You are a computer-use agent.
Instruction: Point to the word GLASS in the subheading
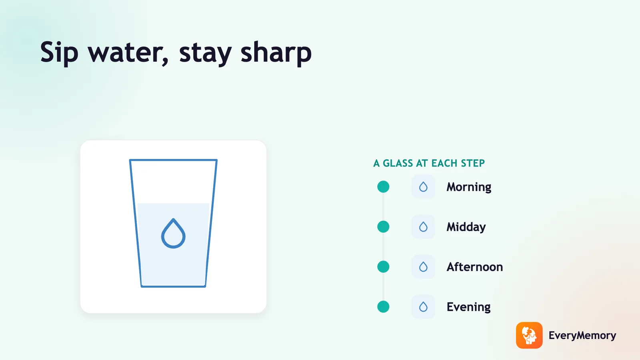398,163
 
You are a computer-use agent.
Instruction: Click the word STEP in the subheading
473,163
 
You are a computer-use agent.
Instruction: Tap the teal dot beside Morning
383,187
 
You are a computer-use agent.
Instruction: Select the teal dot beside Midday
383,227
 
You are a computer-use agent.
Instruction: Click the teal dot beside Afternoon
383,267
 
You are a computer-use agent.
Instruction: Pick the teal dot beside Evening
383,307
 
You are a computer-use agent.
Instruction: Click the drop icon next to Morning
423,187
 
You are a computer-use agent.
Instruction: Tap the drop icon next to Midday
423,227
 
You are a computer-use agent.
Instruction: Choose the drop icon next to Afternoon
423,267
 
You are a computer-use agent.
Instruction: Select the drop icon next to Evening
423,307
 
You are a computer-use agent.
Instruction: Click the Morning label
469,187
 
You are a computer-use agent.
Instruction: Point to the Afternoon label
474,267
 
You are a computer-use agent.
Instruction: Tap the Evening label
468,307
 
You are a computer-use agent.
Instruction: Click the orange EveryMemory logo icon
529,336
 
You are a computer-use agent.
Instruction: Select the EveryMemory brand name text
582,336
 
